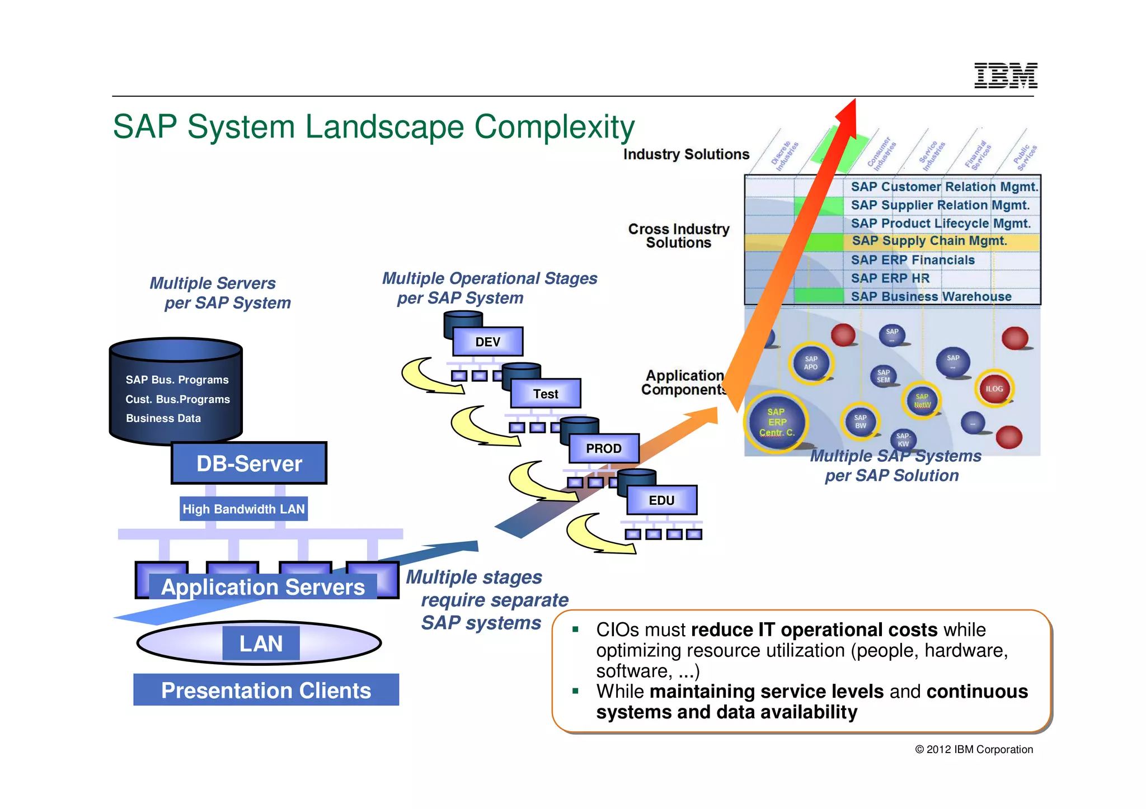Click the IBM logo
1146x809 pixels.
point(1006,75)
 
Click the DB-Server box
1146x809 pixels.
point(249,463)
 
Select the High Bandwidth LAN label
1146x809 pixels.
point(243,509)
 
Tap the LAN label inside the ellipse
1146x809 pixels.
point(261,644)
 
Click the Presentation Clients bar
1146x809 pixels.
point(266,690)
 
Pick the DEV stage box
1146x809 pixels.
point(487,342)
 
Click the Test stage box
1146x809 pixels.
point(546,394)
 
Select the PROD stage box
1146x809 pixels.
point(604,448)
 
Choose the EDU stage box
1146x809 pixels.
point(661,500)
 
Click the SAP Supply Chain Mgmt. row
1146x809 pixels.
point(929,241)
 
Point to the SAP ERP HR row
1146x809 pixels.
point(890,278)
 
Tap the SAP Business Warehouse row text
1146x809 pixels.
point(931,296)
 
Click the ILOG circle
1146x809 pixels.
point(994,389)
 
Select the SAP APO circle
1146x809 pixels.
point(811,363)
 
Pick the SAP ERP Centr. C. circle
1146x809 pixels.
point(777,422)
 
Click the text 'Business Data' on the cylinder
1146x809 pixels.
point(163,418)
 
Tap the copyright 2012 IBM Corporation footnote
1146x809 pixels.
point(974,749)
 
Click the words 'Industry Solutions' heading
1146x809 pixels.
point(686,154)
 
